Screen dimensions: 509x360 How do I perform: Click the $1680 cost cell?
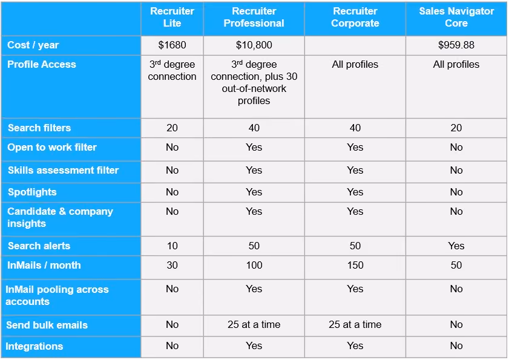(x=172, y=45)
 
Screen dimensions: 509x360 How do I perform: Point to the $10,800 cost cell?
(x=254, y=45)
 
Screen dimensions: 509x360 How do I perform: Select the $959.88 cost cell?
(x=456, y=45)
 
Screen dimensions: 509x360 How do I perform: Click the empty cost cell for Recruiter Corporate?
(x=355, y=45)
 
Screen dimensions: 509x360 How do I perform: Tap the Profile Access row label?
(x=42, y=64)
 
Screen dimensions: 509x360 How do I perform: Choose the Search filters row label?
(x=39, y=128)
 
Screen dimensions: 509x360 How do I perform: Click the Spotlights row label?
(x=32, y=192)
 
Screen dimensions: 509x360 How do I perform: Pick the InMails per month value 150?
(x=355, y=265)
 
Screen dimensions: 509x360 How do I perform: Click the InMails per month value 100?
(x=254, y=265)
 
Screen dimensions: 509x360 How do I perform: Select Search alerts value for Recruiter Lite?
(x=172, y=246)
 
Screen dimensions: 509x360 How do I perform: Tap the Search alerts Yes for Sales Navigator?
(x=456, y=246)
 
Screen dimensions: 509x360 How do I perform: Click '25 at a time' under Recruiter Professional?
(x=254, y=325)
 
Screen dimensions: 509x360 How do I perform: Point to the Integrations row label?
(x=34, y=346)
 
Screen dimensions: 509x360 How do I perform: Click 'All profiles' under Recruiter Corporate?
(x=355, y=64)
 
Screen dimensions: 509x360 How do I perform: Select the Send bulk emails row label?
(x=47, y=326)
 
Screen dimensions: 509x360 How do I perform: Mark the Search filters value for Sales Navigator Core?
(x=456, y=128)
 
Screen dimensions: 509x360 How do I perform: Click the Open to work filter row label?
(x=52, y=148)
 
